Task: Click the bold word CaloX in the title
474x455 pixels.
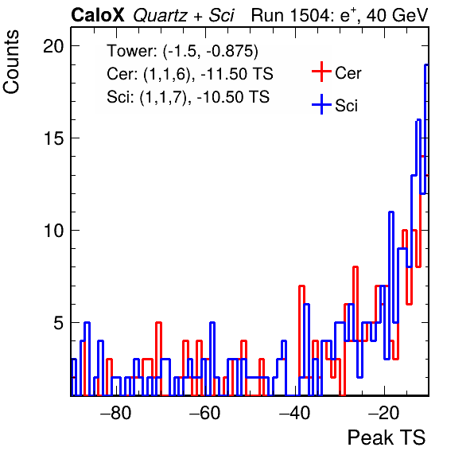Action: pyautogui.click(x=98, y=15)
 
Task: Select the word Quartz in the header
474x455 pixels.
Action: pyautogui.click(x=160, y=16)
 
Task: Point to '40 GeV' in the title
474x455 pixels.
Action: pyautogui.click(x=397, y=15)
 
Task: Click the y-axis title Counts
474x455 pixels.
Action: pyautogui.click(x=11, y=62)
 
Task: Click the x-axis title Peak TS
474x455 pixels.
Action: pyautogui.click(x=387, y=437)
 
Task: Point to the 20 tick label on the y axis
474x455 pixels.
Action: pyautogui.click(x=53, y=46)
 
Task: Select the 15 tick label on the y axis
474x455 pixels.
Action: pyautogui.click(x=53, y=138)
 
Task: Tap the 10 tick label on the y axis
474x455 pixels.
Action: pyautogui.click(x=53, y=231)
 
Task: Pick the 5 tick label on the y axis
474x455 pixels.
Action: pyautogui.click(x=59, y=323)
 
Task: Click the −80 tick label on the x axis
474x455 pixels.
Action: pyautogui.click(x=116, y=413)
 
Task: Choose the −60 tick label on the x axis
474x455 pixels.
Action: pyautogui.click(x=205, y=413)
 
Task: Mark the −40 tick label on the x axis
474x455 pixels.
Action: pyautogui.click(x=294, y=413)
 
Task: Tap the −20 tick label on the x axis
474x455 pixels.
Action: pyautogui.click(x=384, y=413)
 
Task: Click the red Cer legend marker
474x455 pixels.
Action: pyautogui.click(x=321, y=72)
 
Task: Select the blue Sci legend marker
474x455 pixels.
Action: pyautogui.click(x=321, y=104)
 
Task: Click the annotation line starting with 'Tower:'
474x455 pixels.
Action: pyautogui.click(x=182, y=51)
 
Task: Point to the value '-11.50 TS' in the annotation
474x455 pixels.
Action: pyautogui.click(x=237, y=74)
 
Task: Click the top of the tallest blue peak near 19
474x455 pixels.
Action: pyautogui.click(x=426, y=64)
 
